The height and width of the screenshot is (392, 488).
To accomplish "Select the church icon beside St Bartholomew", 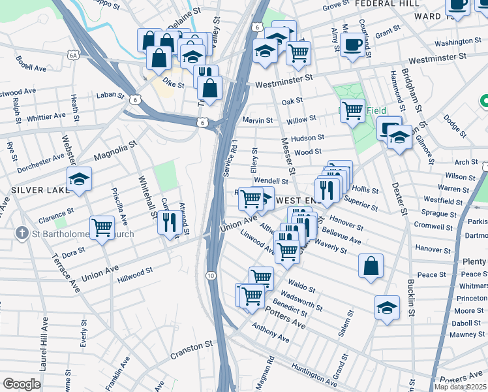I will [x=22, y=233].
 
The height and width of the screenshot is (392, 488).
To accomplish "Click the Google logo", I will [x=22, y=384].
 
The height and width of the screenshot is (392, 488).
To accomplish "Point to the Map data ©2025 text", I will [x=460, y=387].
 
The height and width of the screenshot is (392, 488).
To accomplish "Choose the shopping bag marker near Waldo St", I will [x=371, y=265].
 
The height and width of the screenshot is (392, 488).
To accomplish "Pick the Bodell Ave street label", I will [x=31, y=67].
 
